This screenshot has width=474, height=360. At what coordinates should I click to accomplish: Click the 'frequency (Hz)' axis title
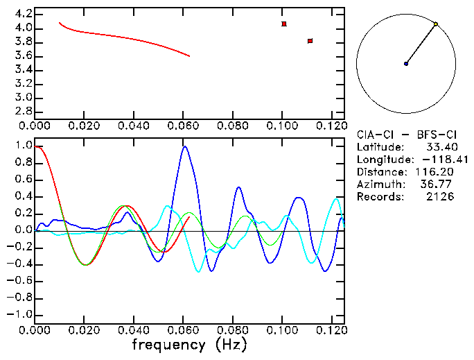click(x=189, y=344)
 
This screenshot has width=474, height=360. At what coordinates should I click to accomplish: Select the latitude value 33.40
click(x=439, y=147)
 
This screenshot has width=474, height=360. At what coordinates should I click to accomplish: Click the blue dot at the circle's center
click(x=406, y=64)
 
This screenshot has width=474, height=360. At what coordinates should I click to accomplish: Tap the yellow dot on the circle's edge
click(x=436, y=24)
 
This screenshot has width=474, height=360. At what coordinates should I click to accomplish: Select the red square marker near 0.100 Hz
click(x=284, y=24)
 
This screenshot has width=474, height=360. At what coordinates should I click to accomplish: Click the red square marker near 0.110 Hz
click(x=310, y=41)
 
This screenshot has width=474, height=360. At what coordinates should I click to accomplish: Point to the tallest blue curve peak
click(x=184, y=146)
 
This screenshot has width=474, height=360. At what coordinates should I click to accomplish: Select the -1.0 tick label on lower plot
click(x=20, y=314)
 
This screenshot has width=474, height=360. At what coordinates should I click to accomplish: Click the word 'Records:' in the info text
click(x=378, y=197)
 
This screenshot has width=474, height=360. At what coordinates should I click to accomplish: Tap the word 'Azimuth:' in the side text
click(x=378, y=185)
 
